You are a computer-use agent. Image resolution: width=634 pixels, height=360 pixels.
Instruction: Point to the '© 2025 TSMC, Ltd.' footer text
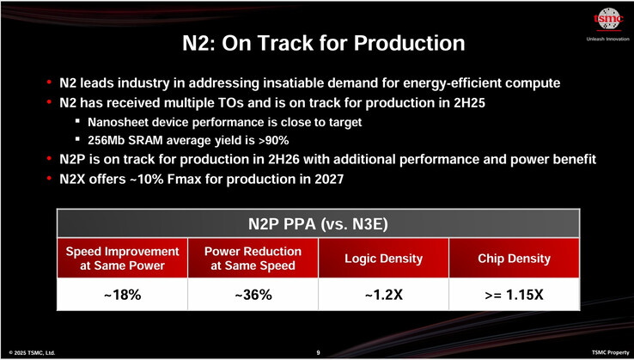(x=32, y=352)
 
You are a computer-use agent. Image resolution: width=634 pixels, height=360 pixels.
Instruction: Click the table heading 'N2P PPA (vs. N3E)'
(x=318, y=225)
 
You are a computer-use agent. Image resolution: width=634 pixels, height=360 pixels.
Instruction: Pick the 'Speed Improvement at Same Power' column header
(x=123, y=259)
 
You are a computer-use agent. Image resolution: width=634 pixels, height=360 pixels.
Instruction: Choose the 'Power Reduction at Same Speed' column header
(x=253, y=259)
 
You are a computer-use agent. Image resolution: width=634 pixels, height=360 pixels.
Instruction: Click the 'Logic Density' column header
(x=383, y=259)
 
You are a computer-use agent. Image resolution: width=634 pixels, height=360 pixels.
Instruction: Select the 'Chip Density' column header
(x=514, y=259)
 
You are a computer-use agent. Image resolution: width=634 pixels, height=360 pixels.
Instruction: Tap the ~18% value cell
(x=123, y=295)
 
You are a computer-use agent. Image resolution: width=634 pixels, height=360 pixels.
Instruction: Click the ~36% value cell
(x=253, y=295)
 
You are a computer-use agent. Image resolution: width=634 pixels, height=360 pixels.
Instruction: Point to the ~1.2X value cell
(x=383, y=295)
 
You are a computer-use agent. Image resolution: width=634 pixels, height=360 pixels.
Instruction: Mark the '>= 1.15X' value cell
(x=514, y=295)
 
